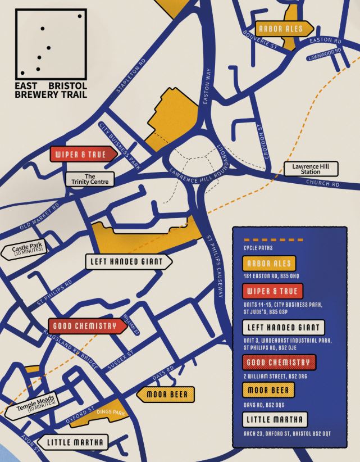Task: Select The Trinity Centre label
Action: point(90,179)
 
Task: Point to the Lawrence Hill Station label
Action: point(306,169)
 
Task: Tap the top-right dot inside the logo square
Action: point(80,16)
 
